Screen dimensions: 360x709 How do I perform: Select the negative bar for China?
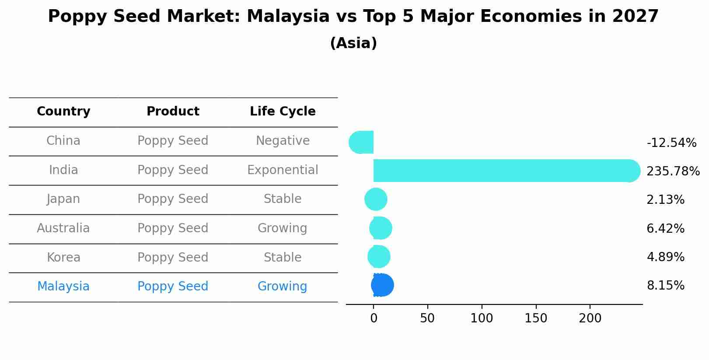[362, 142]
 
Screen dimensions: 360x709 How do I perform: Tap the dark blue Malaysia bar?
[382, 285]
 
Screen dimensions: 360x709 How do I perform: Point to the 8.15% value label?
[665, 286]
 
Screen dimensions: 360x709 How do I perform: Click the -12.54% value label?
[671, 143]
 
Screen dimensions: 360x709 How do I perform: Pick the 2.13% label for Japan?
[665, 200]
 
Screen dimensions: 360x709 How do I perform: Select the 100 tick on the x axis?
[482, 318]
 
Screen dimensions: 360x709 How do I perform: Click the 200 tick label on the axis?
[590, 318]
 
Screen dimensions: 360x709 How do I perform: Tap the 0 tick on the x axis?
[374, 318]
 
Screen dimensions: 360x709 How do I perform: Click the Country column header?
[63, 112]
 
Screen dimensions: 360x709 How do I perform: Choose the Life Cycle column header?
[283, 112]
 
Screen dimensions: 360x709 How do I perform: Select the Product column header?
[173, 112]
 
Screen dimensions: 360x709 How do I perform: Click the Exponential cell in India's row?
[283, 170]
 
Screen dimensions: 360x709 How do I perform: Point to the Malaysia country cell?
[63, 287]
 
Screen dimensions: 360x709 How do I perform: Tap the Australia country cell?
[63, 228]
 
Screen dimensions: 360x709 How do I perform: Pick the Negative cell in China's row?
[283, 141]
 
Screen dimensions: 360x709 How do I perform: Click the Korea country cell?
[63, 258]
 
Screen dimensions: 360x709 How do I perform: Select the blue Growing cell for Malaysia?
[283, 287]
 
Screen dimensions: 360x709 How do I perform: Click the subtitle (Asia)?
[353, 43]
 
